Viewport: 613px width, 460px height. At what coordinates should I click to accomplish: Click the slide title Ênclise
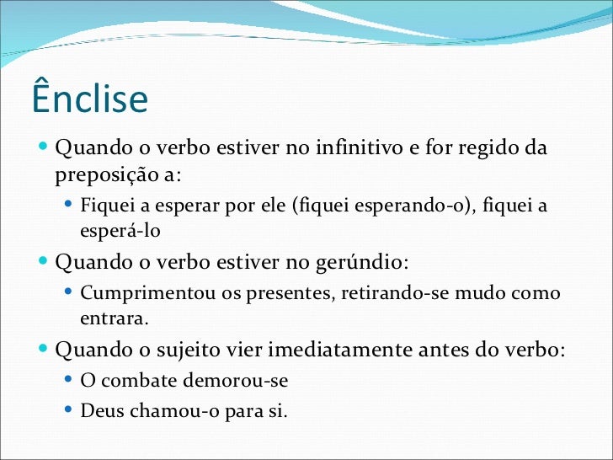tap(89, 99)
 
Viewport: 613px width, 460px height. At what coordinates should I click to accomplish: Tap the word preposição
tap(105, 176)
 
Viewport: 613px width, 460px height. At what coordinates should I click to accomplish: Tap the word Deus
tap(100, 412)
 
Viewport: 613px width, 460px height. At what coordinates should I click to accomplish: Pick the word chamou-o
tap(164, 412)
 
